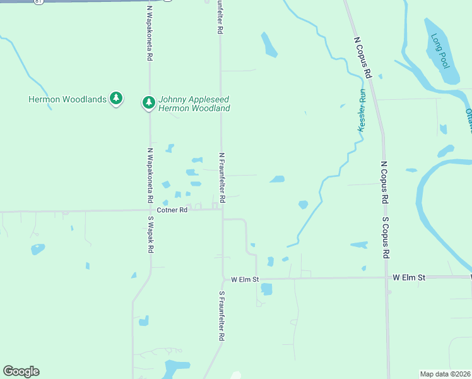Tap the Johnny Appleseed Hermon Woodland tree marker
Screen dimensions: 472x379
[x=148, y=102]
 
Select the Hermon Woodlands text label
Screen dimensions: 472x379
[x=68, y=99]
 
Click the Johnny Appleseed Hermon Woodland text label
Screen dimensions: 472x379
[x=194, y=104]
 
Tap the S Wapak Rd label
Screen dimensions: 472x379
[x=151, y=235]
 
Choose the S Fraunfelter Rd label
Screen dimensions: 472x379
[x=222, y=316]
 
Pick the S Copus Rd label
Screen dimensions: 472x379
[x=386, y=238]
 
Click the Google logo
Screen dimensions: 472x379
[x=21, y=371]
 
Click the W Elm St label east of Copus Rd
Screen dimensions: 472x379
[x=409, y=277]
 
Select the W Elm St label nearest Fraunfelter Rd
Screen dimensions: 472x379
[x=245, y=279]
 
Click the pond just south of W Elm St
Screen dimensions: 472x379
[x=266, y=289]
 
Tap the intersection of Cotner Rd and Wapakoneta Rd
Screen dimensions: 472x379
[x=150, y=210]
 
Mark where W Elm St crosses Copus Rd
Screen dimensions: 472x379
[x=386, y=277]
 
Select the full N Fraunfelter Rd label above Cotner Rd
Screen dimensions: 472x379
[x=221, y=172]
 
